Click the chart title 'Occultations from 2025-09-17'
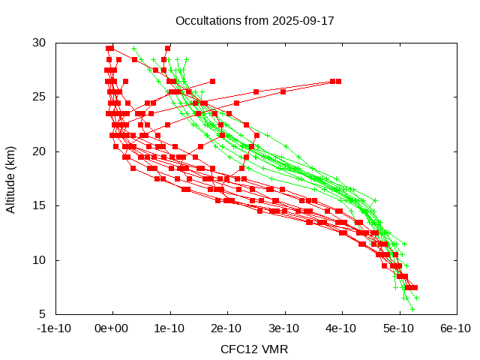point(254,20)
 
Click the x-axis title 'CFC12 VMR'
point(254,349)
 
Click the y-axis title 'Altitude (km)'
point(11,178)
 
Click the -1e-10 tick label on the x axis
point(55,328)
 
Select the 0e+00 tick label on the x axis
point(113,328)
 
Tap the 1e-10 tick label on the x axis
point(170,328)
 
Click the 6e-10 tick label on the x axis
point(455,328)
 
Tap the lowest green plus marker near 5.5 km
point(412,308)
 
